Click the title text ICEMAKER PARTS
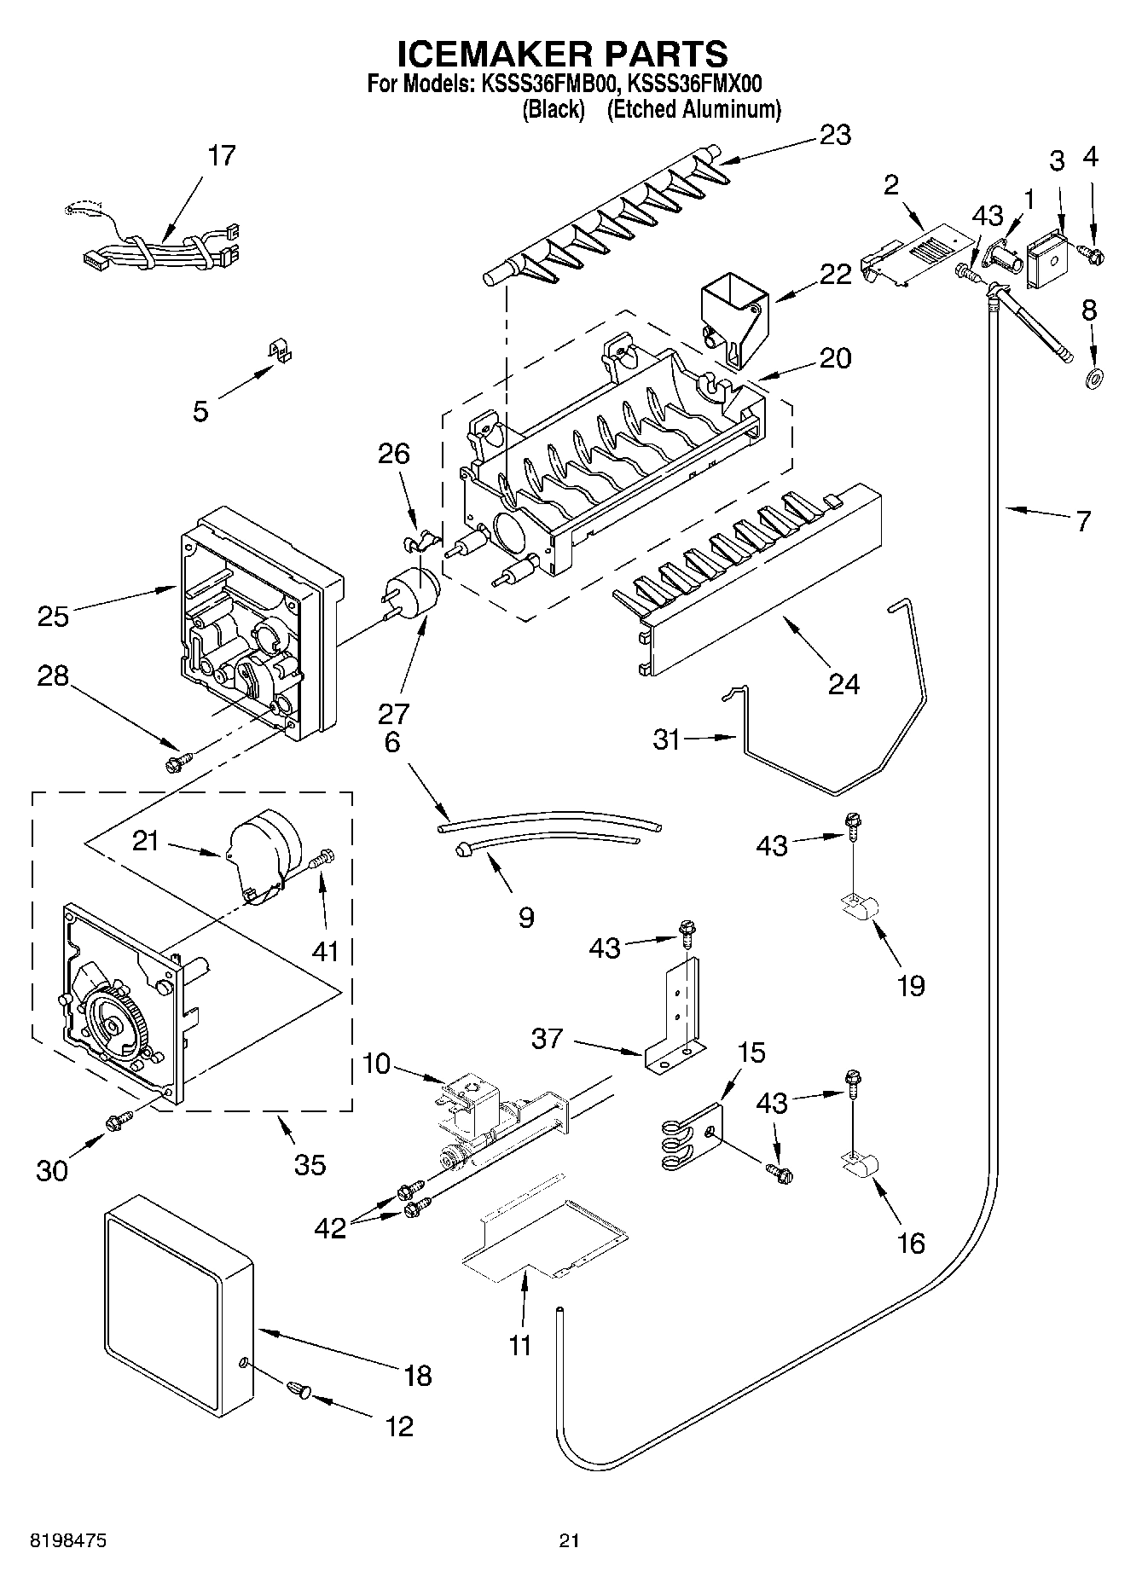pyautogui.click(x=563, y=54)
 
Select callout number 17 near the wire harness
pyautogui.click(x=221, y=156)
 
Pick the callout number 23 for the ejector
pyautogui.click(x=834, y=135)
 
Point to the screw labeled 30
pyautogui.click(x=117, y=1123)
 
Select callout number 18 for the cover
pyautogui.click(x=417, y=1375)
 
